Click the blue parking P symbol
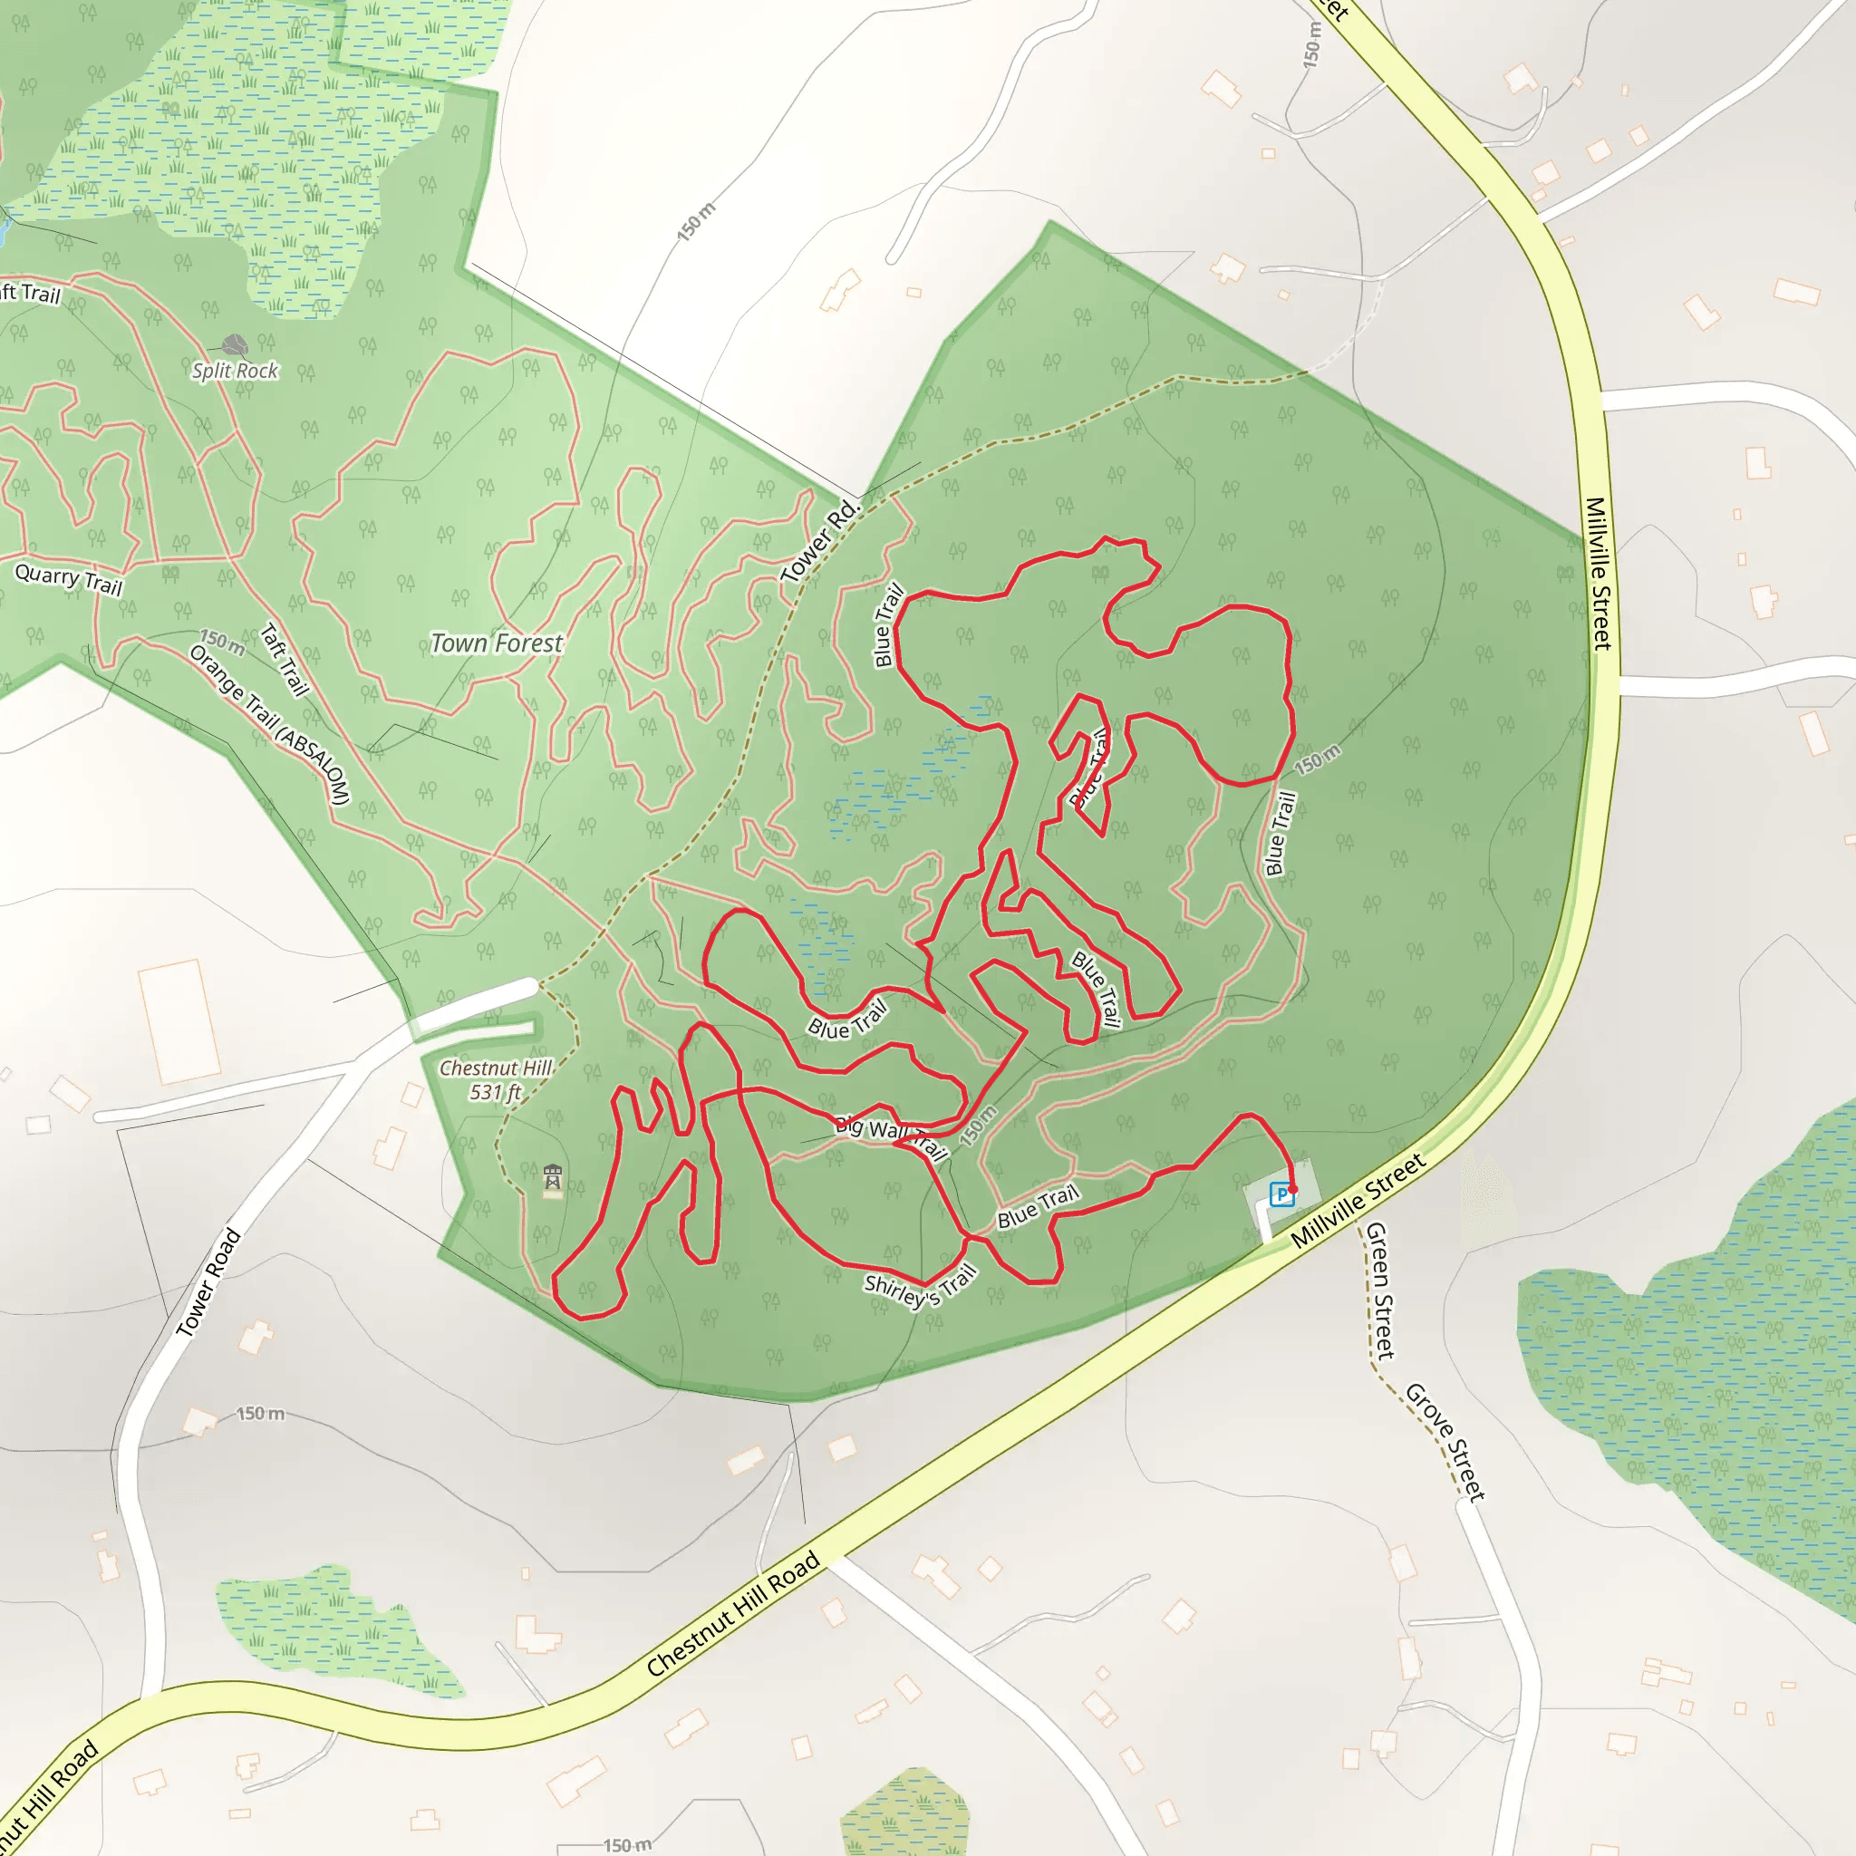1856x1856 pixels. click(x=1281, y=1195)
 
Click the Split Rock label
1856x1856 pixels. click(x=235, y=371)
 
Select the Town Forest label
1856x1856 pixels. click(x=496, y=643)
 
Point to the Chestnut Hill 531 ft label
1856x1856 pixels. click(x=495, y=1079)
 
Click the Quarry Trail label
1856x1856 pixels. click(x=69, y=580)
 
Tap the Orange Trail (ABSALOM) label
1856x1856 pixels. click(x=270, y=724)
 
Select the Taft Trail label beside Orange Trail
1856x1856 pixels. click(x=285, y=660)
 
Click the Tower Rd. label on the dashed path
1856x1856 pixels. click(x=818, y=542)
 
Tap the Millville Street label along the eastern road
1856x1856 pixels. click(x=1598, y=574)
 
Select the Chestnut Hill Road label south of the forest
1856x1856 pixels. click(x=733, y=1614)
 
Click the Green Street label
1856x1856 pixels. click(x=1379, y=1290)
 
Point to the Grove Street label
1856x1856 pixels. click(x=1445, y=1441)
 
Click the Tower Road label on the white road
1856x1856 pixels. click(x=208, y=1282)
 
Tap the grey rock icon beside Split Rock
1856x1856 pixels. click(x=235, y=346)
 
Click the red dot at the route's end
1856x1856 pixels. click(x=1293, y=1189)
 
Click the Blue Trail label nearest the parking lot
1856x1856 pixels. click(x=1039, y=1206)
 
